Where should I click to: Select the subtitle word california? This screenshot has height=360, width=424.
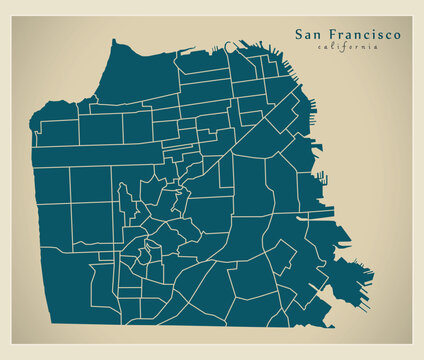348,47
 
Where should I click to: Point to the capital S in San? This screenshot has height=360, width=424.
299,34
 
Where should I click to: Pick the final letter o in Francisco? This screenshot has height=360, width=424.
398,35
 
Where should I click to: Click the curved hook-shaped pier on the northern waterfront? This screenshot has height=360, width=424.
233,44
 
